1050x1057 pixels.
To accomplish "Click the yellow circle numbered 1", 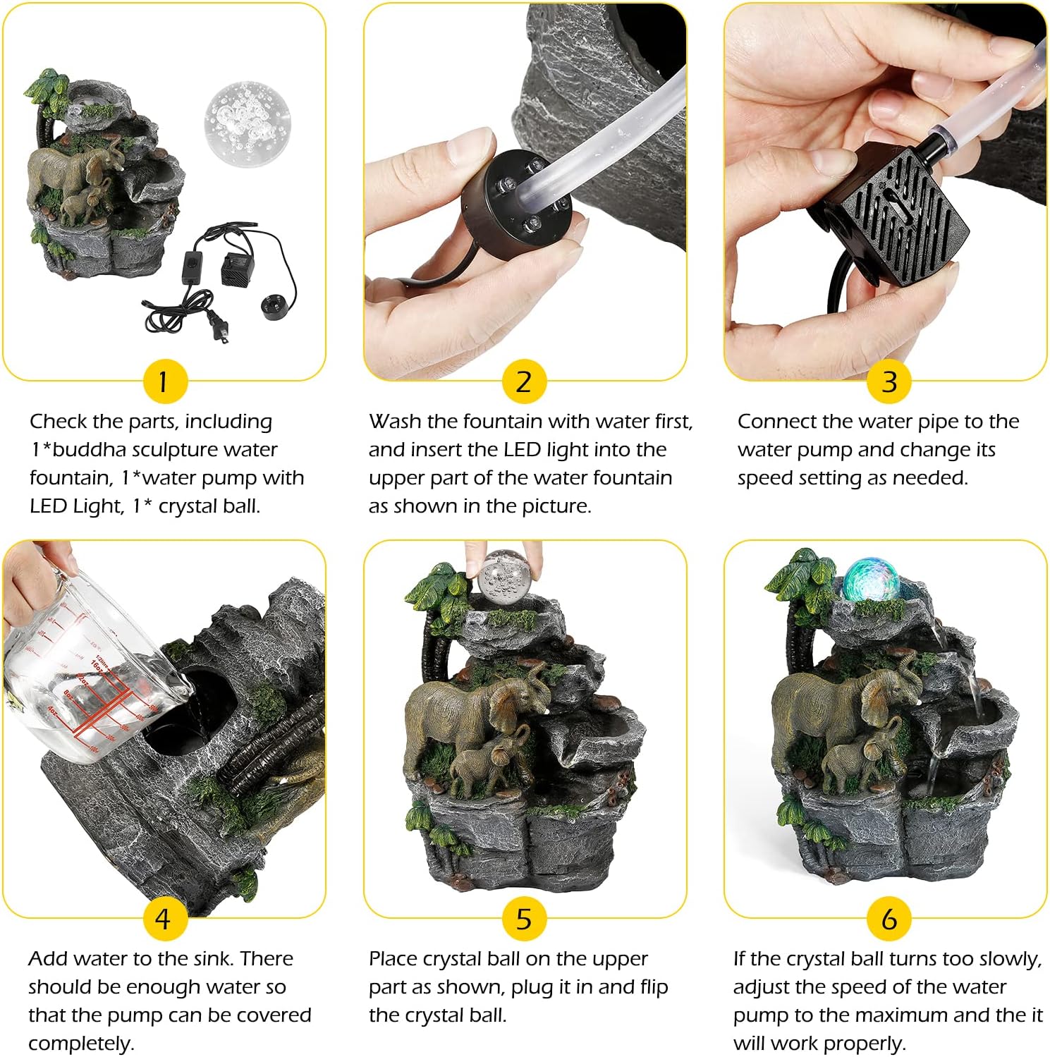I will coord(164,381).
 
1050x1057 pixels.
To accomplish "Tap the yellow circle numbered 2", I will coord(523,381).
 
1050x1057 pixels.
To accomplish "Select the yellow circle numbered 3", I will coord(889,381).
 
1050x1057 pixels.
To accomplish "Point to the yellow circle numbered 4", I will coord(164,919).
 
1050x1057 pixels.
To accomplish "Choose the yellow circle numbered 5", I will coord(523,919).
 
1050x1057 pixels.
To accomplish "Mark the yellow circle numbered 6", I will coord(889,919).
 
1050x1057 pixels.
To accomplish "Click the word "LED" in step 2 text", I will coord(521,450).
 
